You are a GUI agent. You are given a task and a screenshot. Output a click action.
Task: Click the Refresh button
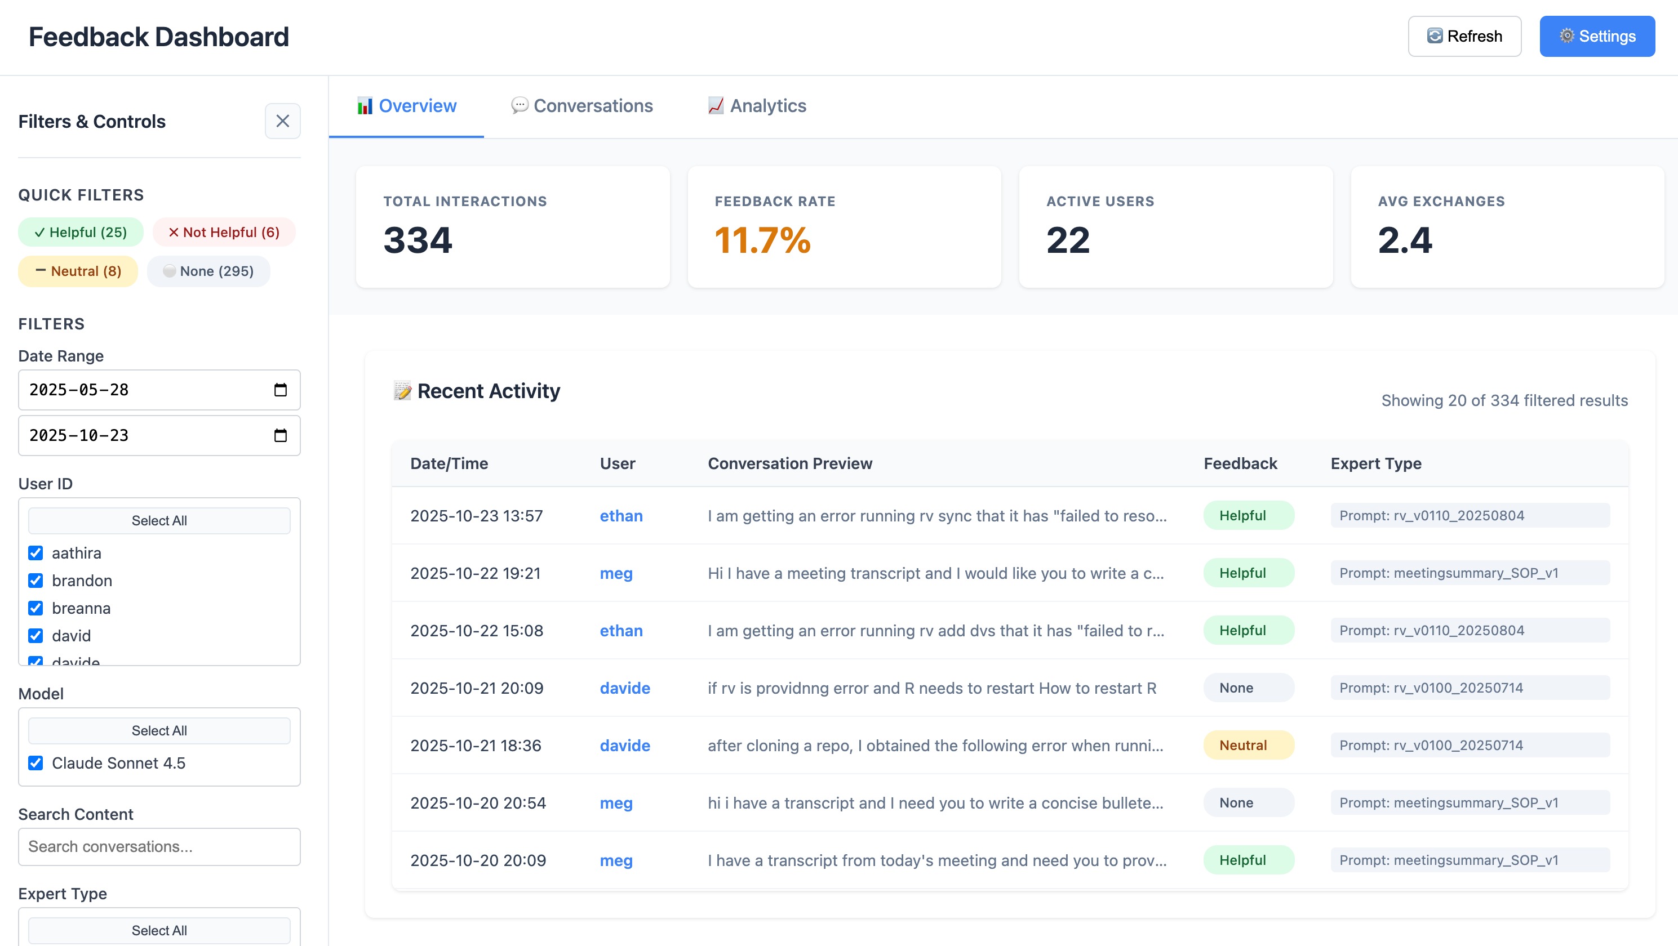pos(1464,37)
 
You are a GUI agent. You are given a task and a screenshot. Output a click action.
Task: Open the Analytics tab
pos(757,105)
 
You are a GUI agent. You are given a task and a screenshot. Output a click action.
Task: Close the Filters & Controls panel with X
pos(282,121)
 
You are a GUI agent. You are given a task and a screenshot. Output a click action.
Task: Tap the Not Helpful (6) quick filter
pos(224,233)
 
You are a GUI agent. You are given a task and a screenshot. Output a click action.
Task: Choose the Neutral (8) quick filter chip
pos(78,271)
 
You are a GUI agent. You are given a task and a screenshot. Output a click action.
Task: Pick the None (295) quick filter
pos(208,271)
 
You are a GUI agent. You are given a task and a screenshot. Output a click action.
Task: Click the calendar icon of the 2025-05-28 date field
pos(280,390)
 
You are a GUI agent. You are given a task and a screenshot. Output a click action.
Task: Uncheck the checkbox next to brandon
pos(36,581)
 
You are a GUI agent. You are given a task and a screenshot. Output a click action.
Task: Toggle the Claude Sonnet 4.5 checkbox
pos(36,763)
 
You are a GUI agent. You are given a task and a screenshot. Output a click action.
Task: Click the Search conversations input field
pos(159,846)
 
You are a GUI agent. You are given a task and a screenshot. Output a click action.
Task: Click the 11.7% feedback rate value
pos(762,240)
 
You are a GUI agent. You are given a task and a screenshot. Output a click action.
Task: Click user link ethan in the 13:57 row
pos(621,516)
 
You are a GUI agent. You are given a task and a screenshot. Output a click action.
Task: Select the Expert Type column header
pos(1376,463)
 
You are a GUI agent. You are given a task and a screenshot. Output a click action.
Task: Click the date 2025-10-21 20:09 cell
pos(476,688)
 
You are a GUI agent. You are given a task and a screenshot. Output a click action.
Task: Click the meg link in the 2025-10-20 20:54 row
pos(615,803)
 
